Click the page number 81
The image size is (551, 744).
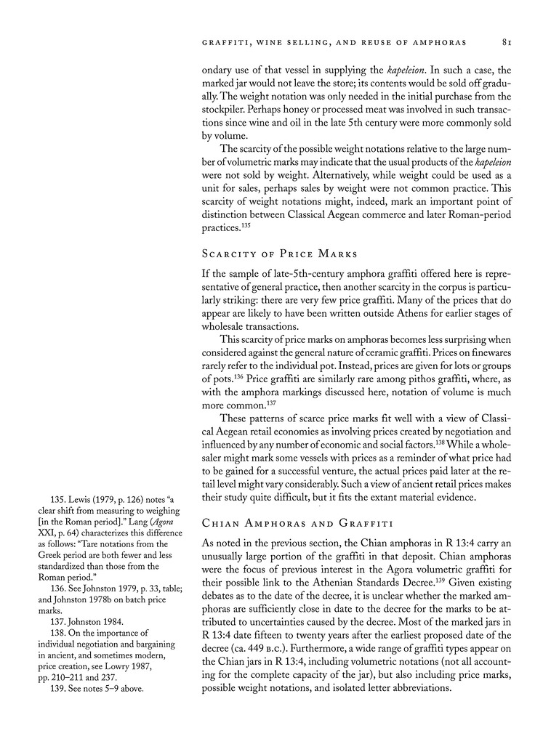(508, 42)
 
